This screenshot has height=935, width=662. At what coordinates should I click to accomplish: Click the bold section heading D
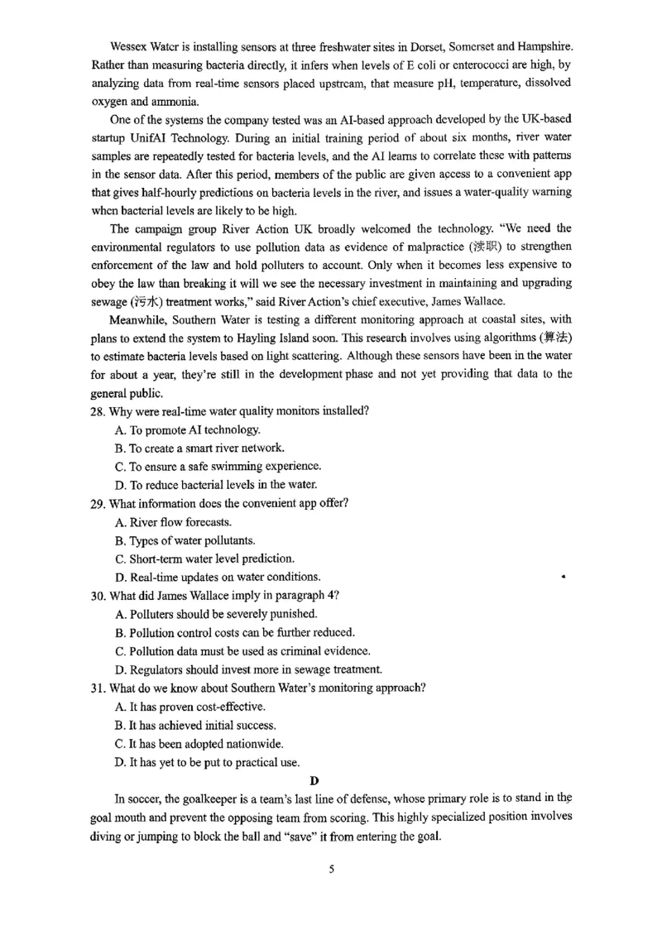coord(314,780)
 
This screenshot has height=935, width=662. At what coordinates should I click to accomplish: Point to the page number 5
coord(331,870)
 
